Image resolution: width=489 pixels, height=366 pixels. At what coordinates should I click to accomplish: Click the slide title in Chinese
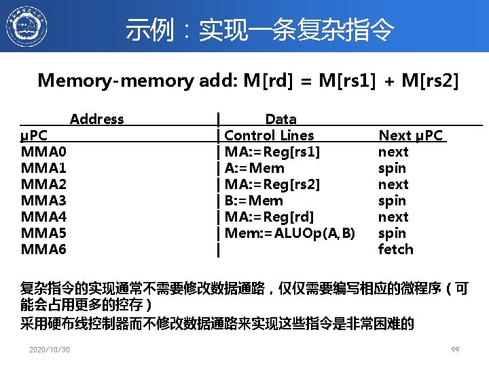point(259,29)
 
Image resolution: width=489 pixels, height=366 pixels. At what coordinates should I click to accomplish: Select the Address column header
point(96,119)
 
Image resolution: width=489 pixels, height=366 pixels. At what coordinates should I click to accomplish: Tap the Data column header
point(280,119)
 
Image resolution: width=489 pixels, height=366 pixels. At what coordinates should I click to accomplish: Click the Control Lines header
point(269,136)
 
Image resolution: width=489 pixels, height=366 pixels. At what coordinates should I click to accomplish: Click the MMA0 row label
point(44,152)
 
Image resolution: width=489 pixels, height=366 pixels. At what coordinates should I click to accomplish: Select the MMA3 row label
point(44,201)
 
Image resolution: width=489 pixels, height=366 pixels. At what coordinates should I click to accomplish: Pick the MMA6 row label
point(44,249)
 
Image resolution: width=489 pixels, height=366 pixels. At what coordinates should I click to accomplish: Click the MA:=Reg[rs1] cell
point(272,152)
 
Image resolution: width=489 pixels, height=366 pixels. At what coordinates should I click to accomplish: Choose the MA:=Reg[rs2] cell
point(272,184)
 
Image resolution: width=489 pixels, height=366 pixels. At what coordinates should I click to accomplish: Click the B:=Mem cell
point(253,201)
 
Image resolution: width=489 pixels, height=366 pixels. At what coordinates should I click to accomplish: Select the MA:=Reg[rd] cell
point(269,217)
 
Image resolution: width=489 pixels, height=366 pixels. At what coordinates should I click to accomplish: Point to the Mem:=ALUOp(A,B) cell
point(290,233)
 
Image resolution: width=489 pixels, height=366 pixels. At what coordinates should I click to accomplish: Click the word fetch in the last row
point(395,249)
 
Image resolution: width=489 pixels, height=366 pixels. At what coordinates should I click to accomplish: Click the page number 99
point(456,350)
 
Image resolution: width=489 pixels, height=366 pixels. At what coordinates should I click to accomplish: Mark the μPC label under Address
point(34,136)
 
